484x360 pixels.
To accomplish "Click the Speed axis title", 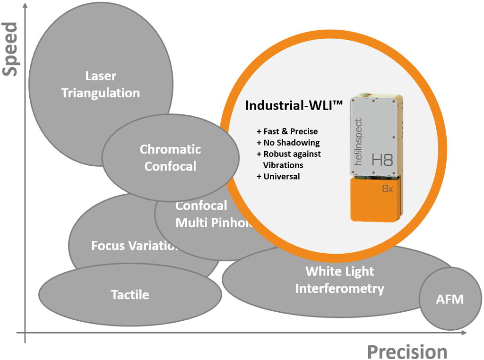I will [x=10, y=49].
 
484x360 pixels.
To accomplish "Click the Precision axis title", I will [x=407, y=351].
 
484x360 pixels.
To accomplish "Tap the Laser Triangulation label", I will [x=101, y=84].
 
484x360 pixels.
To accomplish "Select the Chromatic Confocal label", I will [x=170, y=158].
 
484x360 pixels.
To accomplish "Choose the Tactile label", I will [x=130, y=295].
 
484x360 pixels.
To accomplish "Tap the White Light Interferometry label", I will [x=339, y=280].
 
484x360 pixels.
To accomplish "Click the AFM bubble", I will [x=449, y=299].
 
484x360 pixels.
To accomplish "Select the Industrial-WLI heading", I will [x=293, y=106].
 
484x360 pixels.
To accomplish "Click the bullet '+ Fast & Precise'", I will [x=287, y=131].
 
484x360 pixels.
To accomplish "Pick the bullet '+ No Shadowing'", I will [x=288, y=143].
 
